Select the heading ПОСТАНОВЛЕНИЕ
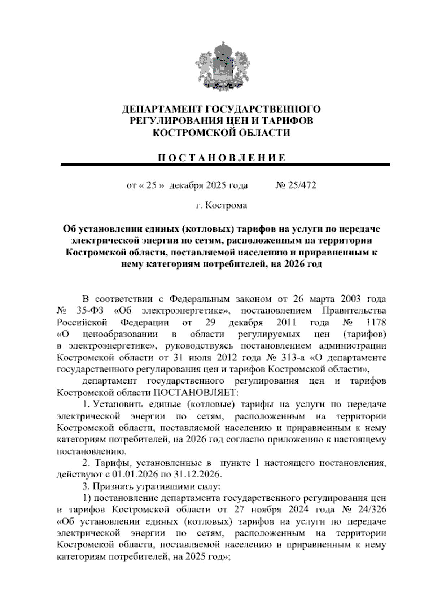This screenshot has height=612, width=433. click(x=221, y=158)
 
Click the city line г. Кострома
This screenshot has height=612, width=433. click(x=221, y=205)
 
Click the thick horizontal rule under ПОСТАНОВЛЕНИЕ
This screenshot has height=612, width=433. click(x=225, y=165)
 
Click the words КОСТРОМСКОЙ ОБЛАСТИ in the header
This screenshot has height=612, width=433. click(x=221, y=133)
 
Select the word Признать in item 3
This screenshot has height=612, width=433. click(x=113, y=486)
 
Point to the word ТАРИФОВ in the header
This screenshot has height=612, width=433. click(x=287, y=121)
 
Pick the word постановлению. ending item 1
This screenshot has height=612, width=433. click(x=92, y=451)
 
